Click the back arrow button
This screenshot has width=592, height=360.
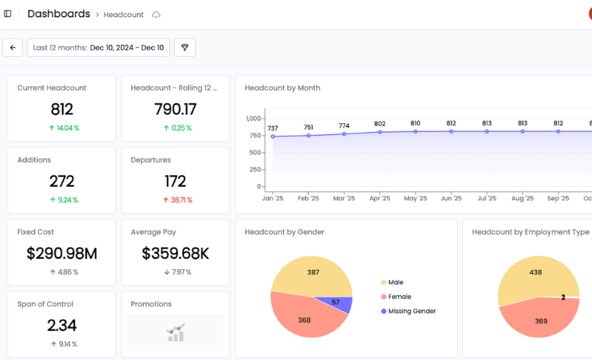click(13, 48)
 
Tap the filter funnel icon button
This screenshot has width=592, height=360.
click(185, 48)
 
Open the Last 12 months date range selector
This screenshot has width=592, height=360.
click(98, 48)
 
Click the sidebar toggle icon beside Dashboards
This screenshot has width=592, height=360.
click(8, 14)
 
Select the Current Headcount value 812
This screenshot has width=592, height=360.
click(61, 109)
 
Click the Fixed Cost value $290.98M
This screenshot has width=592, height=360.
click(61, 253)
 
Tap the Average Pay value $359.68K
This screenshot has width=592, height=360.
click(175, 253)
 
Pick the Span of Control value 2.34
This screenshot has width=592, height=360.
click(61, 325)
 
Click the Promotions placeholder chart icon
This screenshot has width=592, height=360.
click(175, 333)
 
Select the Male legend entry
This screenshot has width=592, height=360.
click(395, 282)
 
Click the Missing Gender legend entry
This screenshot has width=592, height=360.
click(412, 311)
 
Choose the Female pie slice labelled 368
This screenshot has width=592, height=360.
click(305, 319)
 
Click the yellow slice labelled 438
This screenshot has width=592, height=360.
click(535, 273)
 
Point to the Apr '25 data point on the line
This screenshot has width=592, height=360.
click(379, 132)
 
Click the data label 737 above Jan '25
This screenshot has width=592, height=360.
click(272, 128)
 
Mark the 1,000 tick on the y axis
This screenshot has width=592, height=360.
click(253, 118)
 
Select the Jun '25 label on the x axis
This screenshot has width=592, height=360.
click(451, 198)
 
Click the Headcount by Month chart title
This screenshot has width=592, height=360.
click(282, 88)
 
